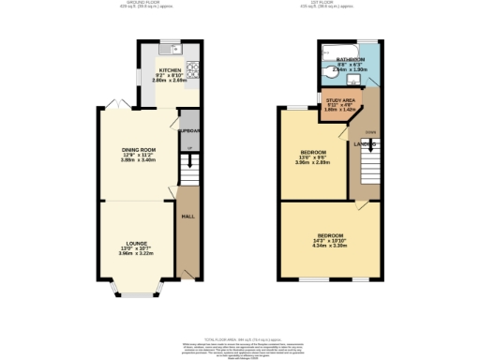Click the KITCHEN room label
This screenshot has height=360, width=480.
169,70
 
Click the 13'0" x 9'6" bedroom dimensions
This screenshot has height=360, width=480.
311,158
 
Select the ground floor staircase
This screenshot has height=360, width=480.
188,170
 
